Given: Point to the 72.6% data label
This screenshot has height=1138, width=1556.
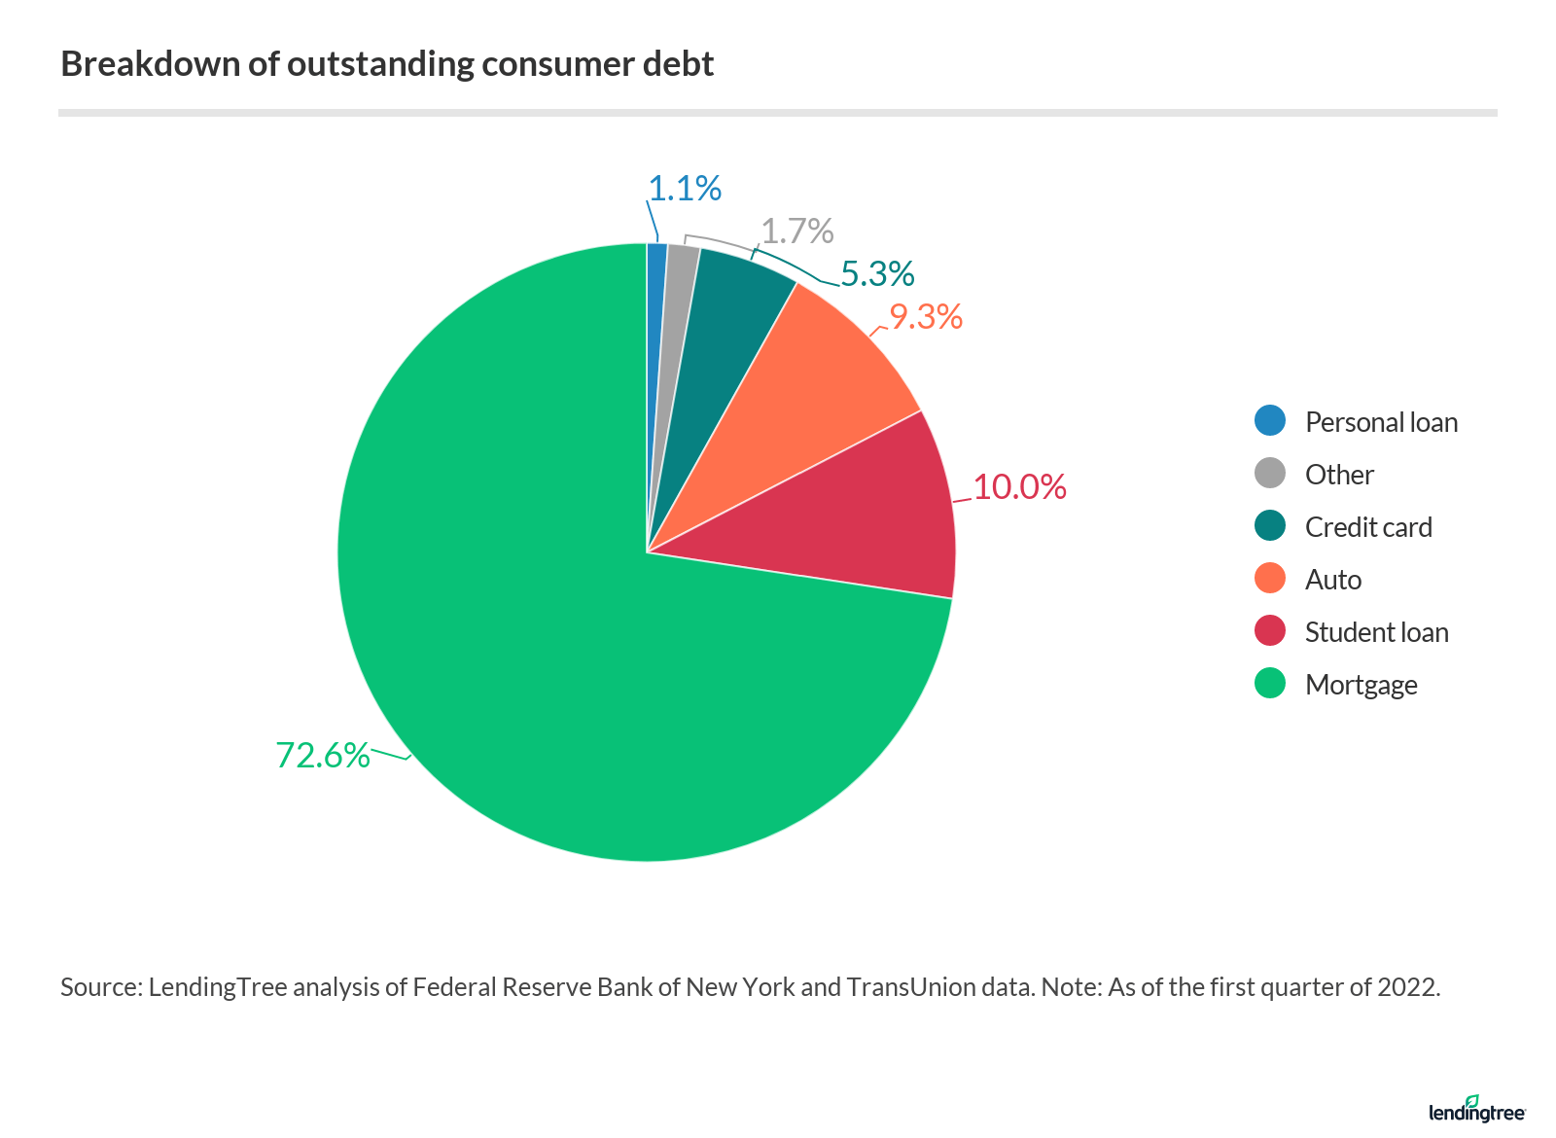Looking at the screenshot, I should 323,756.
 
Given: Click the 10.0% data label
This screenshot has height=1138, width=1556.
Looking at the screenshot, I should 1019,487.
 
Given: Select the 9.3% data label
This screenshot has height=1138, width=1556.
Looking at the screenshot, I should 926,317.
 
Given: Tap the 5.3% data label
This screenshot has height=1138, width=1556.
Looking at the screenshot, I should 877,274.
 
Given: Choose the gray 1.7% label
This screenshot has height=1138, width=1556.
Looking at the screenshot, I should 796,231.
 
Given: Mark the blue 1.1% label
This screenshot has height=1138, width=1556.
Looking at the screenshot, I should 685,189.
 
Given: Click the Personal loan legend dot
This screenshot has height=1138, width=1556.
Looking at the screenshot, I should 1270,421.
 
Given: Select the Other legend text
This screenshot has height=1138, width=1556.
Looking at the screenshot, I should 1339,475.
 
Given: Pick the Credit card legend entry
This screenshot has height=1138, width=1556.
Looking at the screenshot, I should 1368,527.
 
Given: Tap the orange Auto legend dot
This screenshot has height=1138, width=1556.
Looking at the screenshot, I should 1270,579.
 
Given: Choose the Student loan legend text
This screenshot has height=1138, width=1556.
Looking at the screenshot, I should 1376,632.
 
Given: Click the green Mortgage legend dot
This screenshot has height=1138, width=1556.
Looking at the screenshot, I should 1270,684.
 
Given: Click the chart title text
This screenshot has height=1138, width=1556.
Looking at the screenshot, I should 387,64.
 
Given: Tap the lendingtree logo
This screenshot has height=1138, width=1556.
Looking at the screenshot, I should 1476,1111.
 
